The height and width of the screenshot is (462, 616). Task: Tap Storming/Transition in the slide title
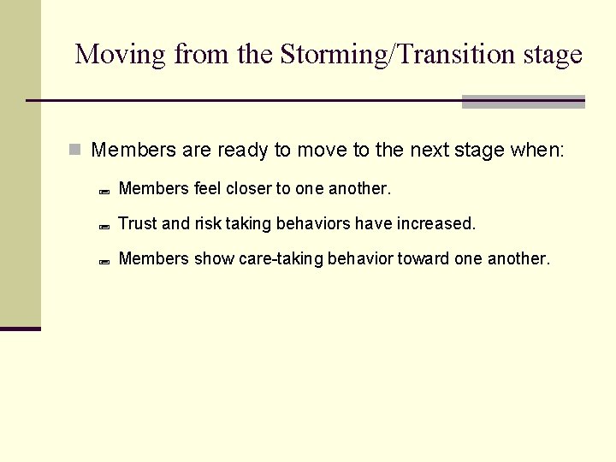[x=358, y=55]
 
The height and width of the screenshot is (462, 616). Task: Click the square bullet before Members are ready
[x=75, y=151]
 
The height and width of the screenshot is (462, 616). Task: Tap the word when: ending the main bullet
[x=537, y=151]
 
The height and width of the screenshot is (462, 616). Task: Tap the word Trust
[x=138, y=223]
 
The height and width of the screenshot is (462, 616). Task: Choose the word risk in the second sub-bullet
[x=208, y=223]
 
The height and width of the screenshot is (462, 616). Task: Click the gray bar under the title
[x=523, y=102]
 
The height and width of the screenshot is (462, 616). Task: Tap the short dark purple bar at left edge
[x=21, y=329]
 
